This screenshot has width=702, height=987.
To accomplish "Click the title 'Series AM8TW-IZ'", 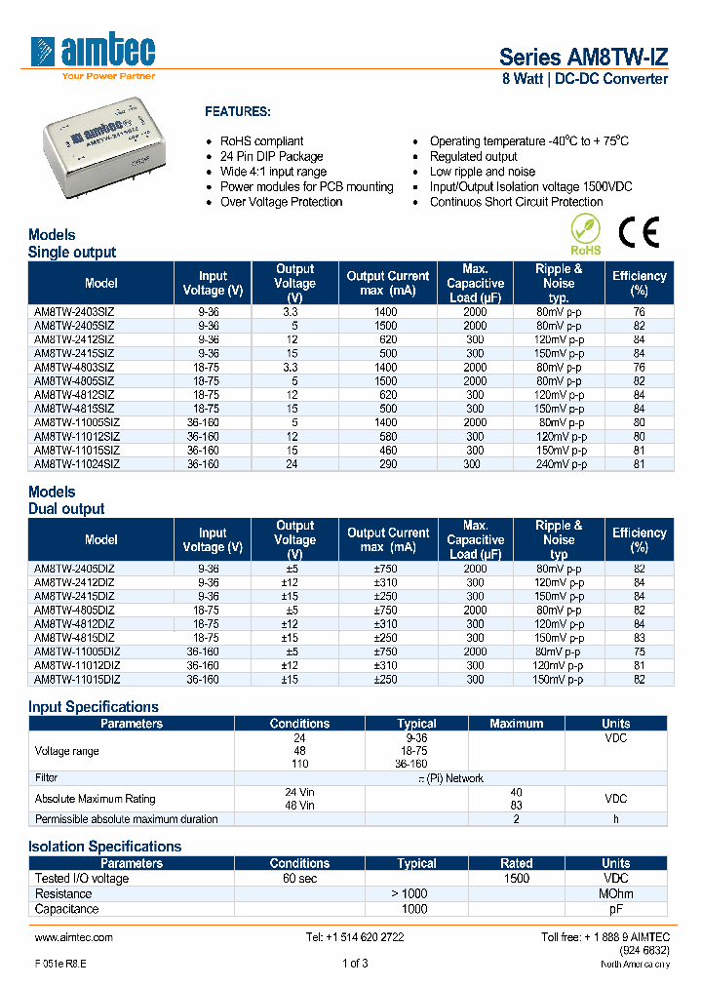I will (x=583, y=57).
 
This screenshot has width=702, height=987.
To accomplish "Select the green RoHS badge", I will (x=586, y=236).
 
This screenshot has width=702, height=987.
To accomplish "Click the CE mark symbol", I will (x=639, y=232).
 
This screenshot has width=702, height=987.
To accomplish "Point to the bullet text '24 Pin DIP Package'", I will (x=271, y=156).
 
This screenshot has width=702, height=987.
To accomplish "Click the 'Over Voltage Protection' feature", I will (x=281, y=202).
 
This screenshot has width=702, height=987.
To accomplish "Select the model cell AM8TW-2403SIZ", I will (x=74, y=312).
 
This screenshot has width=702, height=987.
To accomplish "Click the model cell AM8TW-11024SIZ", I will (x=77, y=464).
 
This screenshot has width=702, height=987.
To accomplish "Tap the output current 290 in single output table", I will (x=387, y=464).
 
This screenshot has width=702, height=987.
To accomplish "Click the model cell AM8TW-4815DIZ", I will (x=74, y=637).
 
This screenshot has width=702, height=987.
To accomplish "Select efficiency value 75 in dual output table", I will (x=639, y=651).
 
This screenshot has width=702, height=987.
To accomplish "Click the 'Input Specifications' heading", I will (x=94, y=707).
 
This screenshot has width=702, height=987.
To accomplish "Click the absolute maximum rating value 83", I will (x=516, y=806).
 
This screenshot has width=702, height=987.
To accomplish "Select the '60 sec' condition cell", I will (x=299, y=878).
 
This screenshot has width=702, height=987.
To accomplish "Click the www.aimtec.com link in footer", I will (x=74, y=937).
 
